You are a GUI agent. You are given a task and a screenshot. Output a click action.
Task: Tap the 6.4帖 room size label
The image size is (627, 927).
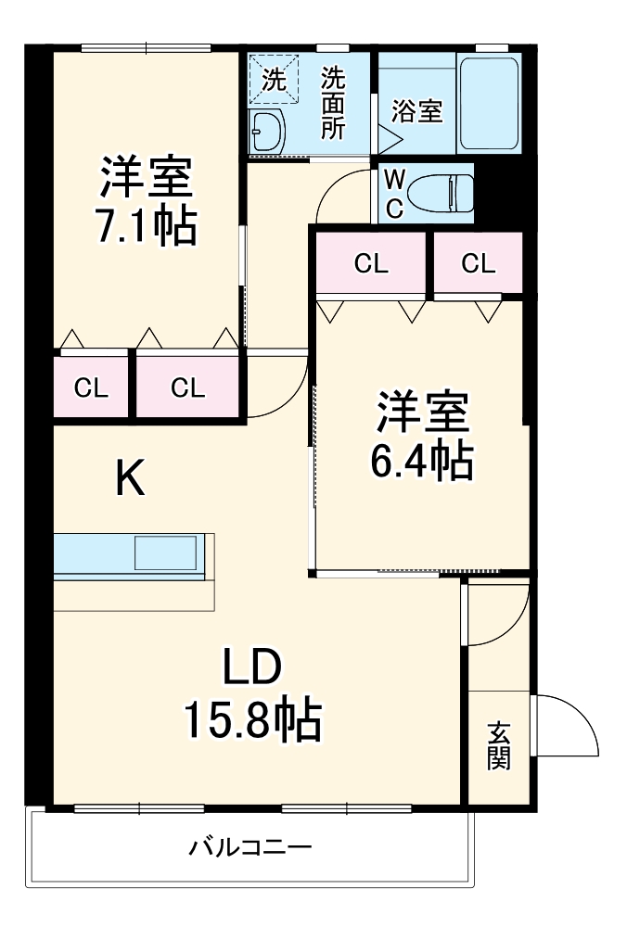[422, 461]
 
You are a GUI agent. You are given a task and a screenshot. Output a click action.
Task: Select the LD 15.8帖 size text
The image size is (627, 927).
[251, 720]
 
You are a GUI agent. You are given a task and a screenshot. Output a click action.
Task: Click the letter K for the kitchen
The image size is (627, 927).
[130, 479]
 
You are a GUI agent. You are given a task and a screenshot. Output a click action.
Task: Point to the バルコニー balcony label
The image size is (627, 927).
[250, 846]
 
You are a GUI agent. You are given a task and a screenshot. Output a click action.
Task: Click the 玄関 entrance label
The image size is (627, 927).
[498, 746]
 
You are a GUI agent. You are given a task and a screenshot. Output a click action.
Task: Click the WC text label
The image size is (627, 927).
[394, 193]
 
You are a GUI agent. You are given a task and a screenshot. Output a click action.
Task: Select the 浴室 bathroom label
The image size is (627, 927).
[416, 111]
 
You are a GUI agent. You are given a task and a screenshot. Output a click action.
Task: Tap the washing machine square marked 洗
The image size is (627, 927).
[275, 80]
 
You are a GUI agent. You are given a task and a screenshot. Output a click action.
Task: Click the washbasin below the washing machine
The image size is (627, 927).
[267, 130]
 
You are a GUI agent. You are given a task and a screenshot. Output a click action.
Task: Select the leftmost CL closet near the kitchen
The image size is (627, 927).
[91, 387]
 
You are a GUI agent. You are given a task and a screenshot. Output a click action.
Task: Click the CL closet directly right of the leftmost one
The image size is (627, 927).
[187, 387]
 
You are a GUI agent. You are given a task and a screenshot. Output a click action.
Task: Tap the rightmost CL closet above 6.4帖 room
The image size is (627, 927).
[479, 263]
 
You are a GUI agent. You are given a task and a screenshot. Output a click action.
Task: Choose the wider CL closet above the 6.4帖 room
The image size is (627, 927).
[371, 263]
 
